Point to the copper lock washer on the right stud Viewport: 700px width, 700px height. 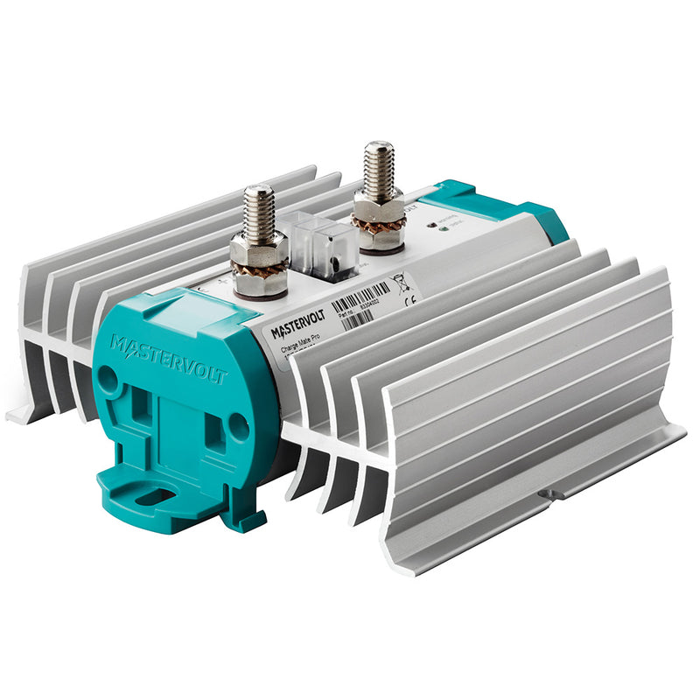[x=379, y=228]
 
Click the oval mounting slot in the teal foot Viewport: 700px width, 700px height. [x=154, y=496]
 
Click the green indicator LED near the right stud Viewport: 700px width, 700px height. [x=446, y=230]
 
